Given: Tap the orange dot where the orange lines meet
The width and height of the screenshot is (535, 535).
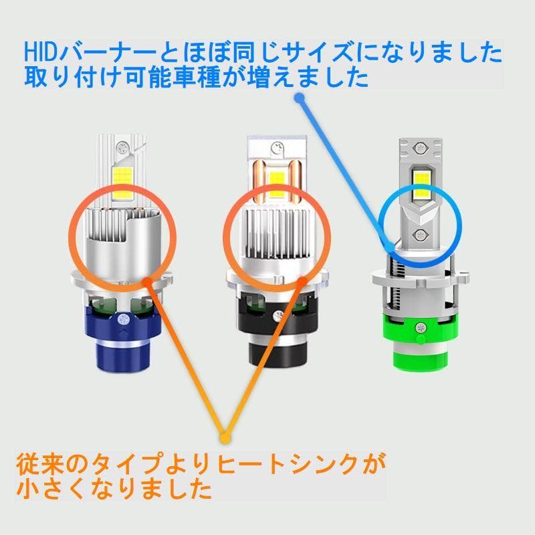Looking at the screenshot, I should [225, 438].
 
